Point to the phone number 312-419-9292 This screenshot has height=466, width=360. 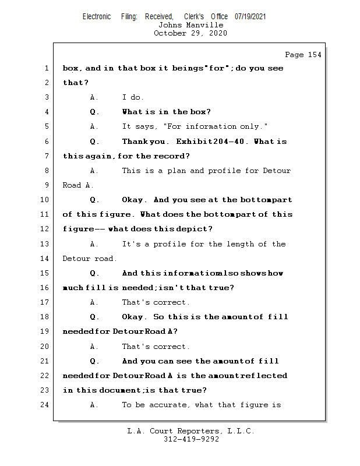coord(191,439)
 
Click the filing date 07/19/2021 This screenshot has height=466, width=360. coord(250,17)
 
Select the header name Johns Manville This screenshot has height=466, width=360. coord(190,25)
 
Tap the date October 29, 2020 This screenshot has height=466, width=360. coord(190,33)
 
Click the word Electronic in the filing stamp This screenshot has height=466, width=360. coord(97,17)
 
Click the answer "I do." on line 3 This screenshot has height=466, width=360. coord(133,97)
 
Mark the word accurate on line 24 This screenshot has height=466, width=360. coord(171,405)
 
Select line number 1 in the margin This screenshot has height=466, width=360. coord(46,68)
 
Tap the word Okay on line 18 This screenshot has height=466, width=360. coord(133,317)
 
